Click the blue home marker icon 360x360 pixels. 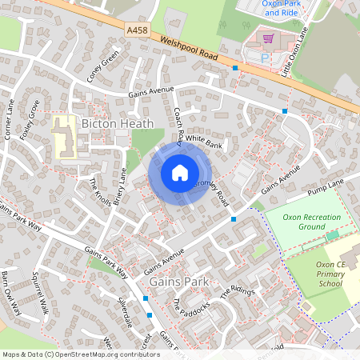pyautogui.click(x=180, y=173)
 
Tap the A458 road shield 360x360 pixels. pyautogui.click(x=137, y=30)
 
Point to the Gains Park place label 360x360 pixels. pyautogui.click(x=178, y=282)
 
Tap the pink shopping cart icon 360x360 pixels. pyautogui.click(x=269, y=38)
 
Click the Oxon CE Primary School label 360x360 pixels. pyautogui.click(x=334, y=274)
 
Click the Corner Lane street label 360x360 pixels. pyautogui.click(x=10, y=120)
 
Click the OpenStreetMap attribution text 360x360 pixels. pyautogui.click(x=81, y=354)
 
